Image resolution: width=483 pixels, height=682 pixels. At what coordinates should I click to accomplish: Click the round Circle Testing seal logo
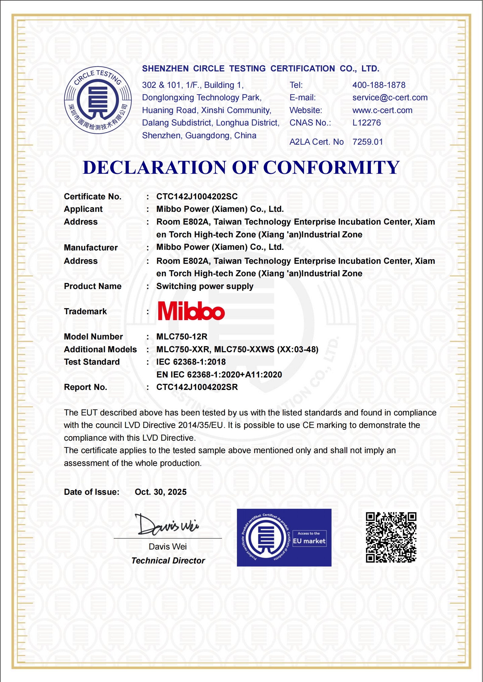(98, 100)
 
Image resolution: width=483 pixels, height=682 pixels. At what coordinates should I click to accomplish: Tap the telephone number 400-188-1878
(379, 85)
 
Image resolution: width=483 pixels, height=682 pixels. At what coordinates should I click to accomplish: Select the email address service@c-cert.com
(390, 98)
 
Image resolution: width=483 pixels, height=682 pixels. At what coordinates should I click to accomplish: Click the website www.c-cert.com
(382, 110)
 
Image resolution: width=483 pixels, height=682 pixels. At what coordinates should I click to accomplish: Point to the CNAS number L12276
(367, 123)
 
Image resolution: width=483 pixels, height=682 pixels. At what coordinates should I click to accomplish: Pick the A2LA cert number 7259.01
(367, 142)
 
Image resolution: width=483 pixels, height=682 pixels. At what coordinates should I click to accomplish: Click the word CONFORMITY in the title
(331, 167)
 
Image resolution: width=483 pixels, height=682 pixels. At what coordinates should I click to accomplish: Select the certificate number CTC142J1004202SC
(197, 197)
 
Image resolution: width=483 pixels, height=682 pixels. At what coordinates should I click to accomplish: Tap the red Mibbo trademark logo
(191, 311)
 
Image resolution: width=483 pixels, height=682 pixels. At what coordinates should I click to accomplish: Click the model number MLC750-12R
(182, 337)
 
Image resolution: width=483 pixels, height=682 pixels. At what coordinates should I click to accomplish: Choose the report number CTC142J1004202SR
(197, 387)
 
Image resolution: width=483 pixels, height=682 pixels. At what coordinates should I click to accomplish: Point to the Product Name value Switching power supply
(205, 286)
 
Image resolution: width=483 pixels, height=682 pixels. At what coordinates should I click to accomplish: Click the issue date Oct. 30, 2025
(161, 492)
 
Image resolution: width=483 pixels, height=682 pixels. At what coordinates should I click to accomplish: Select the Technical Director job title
(168, 561)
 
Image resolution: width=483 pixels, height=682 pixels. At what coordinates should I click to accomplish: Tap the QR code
(391, 537)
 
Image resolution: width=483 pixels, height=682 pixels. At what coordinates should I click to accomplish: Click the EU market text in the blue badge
(309, 541)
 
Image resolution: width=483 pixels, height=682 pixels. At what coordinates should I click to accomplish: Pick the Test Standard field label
(92, 362)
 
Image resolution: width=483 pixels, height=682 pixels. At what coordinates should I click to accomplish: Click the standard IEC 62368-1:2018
(191, 362)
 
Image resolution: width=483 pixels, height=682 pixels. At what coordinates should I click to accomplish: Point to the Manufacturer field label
(91, 248)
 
